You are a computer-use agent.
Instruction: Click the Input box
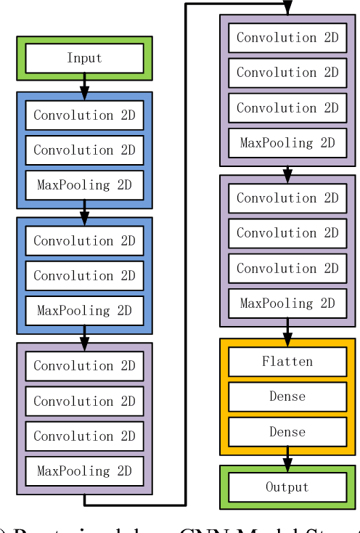pyautogui.click(x=84, y=58)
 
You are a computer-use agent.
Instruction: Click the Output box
pyautogui.click(x=287, y=487)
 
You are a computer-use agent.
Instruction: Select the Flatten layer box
pyautogui.click(x=287, y=362)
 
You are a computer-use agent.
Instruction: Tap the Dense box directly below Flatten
pyautogui.click(x=287, y=396)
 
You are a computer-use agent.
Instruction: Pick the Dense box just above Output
pyautogui.click(x=287, y=432)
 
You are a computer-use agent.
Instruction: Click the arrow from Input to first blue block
pyautogui.click(x=84, y=86)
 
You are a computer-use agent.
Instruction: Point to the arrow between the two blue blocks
pyautogui.click(x=84, y=211)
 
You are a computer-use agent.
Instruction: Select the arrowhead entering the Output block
pyautogui.click(x=287, y=462)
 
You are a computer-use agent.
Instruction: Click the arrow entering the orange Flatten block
pyautogui.click(x=287, y=333)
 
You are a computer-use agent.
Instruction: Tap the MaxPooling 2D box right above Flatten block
pyautogui.click(x=287, y=304)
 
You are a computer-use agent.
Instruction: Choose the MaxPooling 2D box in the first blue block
pyautogui.click(x=84, y=185)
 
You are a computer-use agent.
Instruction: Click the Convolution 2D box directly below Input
pyautogui.click(x=84, y=115)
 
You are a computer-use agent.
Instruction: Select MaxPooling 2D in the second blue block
pyautogui.click(x=84, y=311)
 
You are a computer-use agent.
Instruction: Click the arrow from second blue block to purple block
pyautogui.click(x=84, y=337)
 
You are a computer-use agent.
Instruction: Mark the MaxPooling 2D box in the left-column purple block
pyautogui.click(x=84, y=471)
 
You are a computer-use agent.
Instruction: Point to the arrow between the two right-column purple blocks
pyautogui.click(x=287, y=174)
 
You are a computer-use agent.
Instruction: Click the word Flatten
pyautogui.click(x=287, y=362)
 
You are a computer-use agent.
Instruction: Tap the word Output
pyautogui.click(x=287, y=487)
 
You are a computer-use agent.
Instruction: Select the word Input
pyautogui.click(x=84, y=58)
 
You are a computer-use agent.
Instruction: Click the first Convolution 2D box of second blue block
pyautogui.click(x=84, y=240)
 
